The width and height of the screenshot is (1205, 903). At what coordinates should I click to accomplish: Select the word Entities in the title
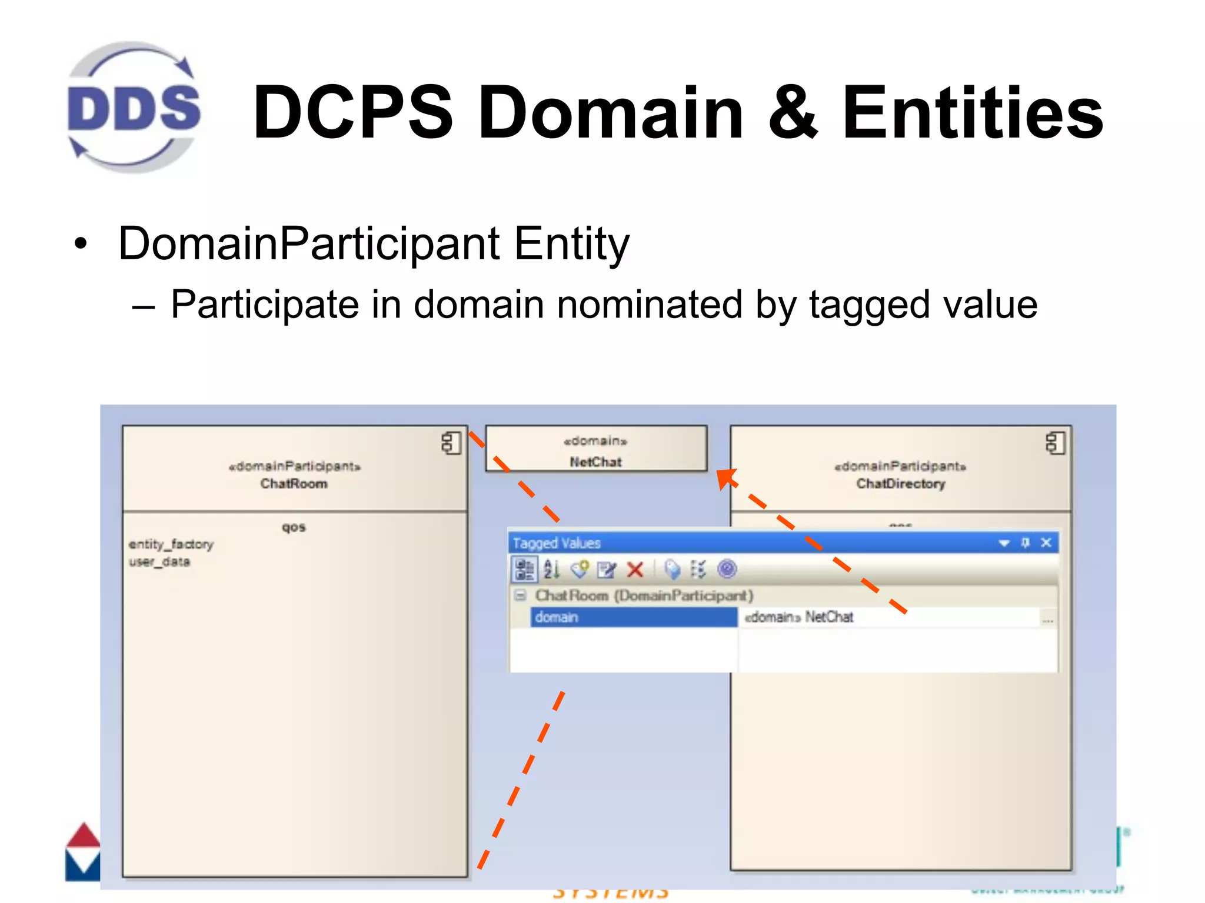pos(973,113)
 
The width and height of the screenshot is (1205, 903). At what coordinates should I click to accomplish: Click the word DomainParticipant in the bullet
pos(309,244)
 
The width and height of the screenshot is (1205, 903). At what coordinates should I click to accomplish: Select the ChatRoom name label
pos(294,484)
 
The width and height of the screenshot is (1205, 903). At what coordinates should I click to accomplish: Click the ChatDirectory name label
pos(900,484)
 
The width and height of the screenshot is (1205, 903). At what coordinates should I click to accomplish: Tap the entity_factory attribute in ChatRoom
pos(171,544)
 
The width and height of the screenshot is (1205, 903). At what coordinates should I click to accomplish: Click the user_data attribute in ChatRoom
pos(159,562)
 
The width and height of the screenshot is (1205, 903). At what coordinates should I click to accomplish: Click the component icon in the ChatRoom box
pos(451,443)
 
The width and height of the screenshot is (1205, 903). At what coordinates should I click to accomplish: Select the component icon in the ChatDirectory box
pos(1055,443)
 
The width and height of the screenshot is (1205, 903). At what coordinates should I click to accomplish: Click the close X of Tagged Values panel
pos(1046,543)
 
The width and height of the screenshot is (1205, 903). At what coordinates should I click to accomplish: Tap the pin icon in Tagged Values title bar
pos(1025,543)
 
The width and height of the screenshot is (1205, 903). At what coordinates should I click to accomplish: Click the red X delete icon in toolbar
pos(635,569)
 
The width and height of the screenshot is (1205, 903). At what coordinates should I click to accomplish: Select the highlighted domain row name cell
pos(633,617)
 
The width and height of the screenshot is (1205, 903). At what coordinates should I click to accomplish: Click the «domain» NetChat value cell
pos(888,617)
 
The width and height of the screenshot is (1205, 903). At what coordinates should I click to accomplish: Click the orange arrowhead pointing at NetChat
pos(727,479)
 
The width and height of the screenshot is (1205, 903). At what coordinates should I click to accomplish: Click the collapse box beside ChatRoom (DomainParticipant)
pos(520,596)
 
